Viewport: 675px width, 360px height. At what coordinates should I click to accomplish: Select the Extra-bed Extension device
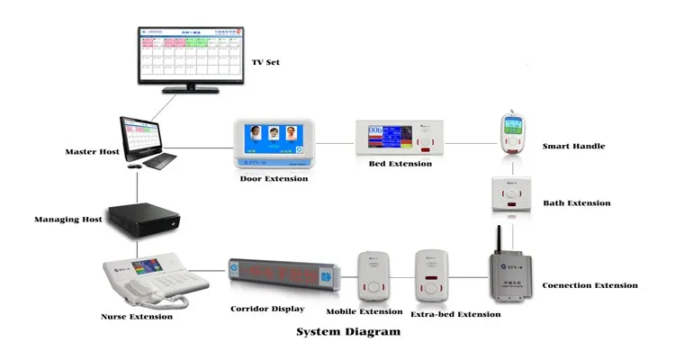tap(432, 275)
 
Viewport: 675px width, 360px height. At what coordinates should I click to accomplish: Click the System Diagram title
tap(348, 331)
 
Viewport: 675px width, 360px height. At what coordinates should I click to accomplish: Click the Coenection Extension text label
tap(589, 285)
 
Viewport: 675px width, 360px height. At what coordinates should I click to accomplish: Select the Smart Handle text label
tap(573, 145)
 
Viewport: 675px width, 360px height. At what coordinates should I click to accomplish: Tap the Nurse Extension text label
tap(137, 316)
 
